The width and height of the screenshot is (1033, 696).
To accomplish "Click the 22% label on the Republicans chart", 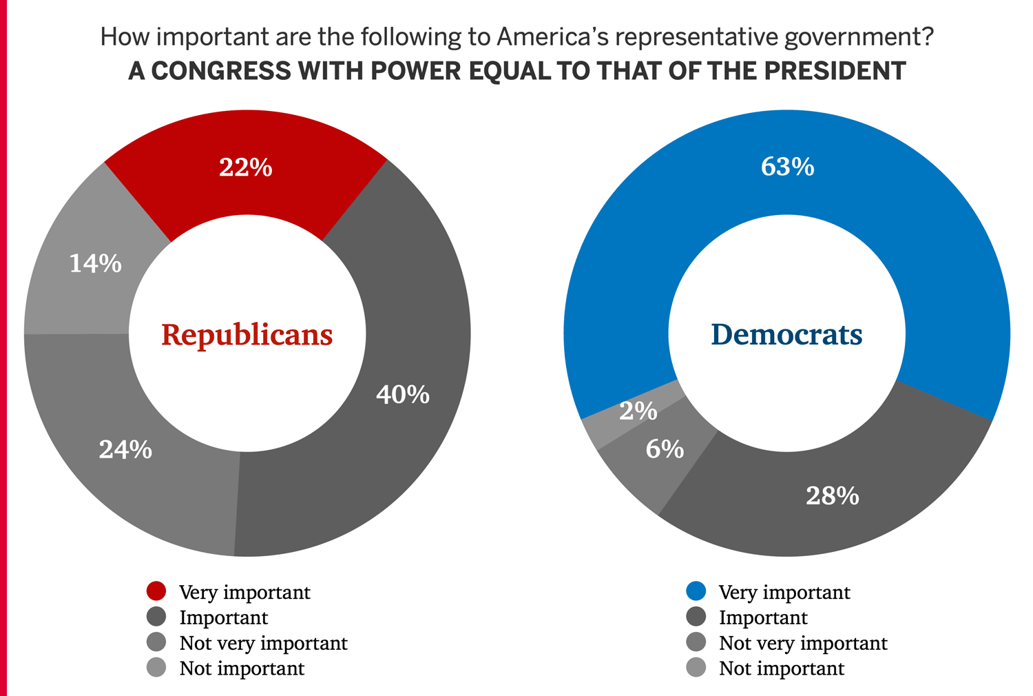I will pos(246,167).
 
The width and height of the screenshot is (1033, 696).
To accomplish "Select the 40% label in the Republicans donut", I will pos(403,395).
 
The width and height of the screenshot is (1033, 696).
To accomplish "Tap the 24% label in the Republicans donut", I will pos(125,450).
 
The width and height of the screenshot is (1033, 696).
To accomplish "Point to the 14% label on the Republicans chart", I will pos(96,263).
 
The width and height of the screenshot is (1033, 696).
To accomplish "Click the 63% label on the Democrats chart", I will pos(787,167).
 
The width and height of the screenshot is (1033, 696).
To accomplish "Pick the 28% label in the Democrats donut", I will pos(833,496).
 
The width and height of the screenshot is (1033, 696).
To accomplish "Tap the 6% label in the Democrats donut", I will pos(665,449).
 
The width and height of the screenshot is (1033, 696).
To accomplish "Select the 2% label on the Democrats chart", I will pos(638,411).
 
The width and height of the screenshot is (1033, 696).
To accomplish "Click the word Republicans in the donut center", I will pos(247,335).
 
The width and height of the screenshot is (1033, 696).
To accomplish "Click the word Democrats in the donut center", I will pos(786,335).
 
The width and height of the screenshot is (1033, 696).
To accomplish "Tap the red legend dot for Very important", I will pos(157,591).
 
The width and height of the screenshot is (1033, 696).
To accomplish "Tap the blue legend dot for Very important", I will pos(697,591).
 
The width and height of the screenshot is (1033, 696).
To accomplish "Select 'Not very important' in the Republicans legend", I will pos(263,643).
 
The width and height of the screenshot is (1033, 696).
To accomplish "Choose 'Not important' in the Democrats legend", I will pos(781,668).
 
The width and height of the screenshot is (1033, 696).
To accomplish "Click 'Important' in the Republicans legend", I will pos(223,617).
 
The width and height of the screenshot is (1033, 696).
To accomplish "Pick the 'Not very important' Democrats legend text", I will pos(803,643).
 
